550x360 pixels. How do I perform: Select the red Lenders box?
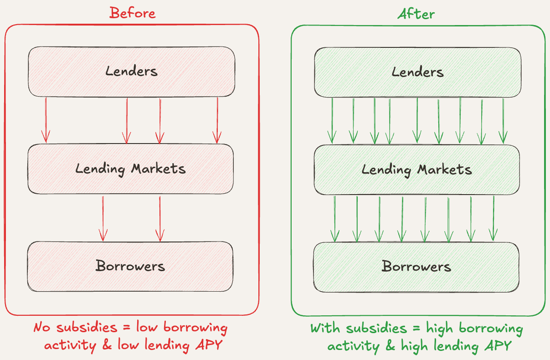tap(131, 72)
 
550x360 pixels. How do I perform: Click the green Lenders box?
tap(417, 72)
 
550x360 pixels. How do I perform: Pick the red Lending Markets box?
tap(130, 169)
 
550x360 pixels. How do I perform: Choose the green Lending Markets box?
tap(416, 170)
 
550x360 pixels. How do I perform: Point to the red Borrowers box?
tap(130, 266)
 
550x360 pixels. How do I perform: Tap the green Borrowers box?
tap(416, 267)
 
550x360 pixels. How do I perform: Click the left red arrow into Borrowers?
tap(103, 218)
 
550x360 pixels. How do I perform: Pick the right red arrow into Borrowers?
tap(159, 218)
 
